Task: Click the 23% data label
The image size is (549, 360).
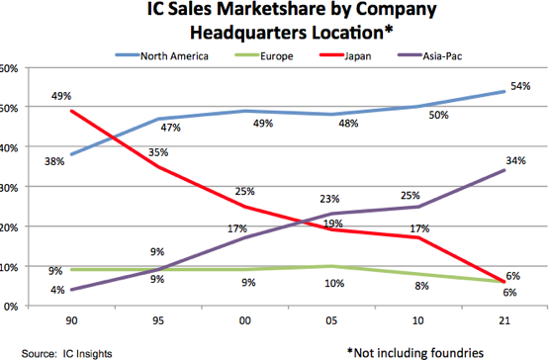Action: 330,197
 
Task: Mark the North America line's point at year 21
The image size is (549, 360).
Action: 504,91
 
